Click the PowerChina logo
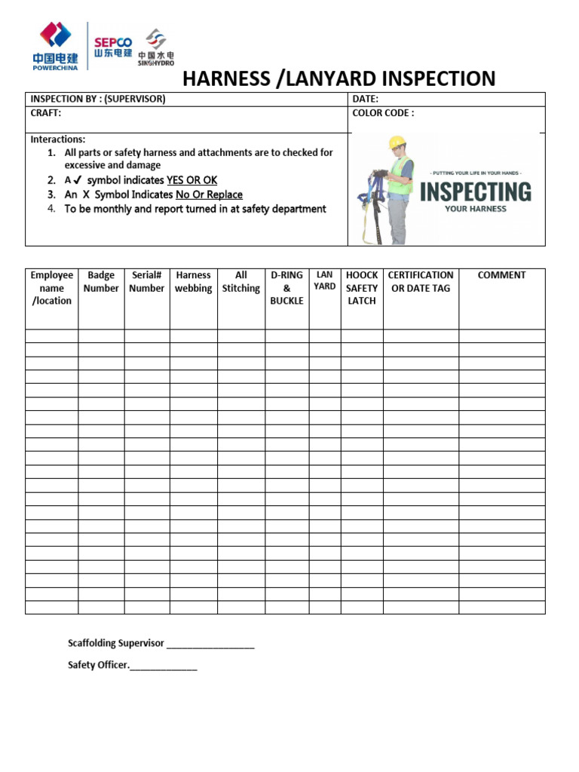pyautogui.click(x=56, y=45)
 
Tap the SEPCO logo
pyautogui.click(x=113, y=47)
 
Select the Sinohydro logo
pyautogui.click(x=156, y=47)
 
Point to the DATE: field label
pyautogui.click(x=365, y=99)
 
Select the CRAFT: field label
pyautogui.click(x=45, y=113)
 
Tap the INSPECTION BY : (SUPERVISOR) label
pyautogui.click(x=97, y=99)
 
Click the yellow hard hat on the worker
pyautogui.click(x=397, y=142)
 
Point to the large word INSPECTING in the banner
pyautogui.click(x=475, y=191)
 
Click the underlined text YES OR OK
pyautogui.click(x=191, y=180)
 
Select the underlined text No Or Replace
pyautogui.click(x=209, y=195)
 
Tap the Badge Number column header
pyautogui.click(x=101, y=282)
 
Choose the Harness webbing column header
pyautogui.click(x=193, y=282)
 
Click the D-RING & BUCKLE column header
pyautogui.click(x=286, y=288)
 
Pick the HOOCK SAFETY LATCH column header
pyautogui.click(x=362, y=288)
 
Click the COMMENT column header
pyautogui.click(x=501, y=275)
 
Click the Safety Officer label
pyautogui.click(x=98, y=665)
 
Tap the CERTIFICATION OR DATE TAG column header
pyautogui.click(x=421, y=282)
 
